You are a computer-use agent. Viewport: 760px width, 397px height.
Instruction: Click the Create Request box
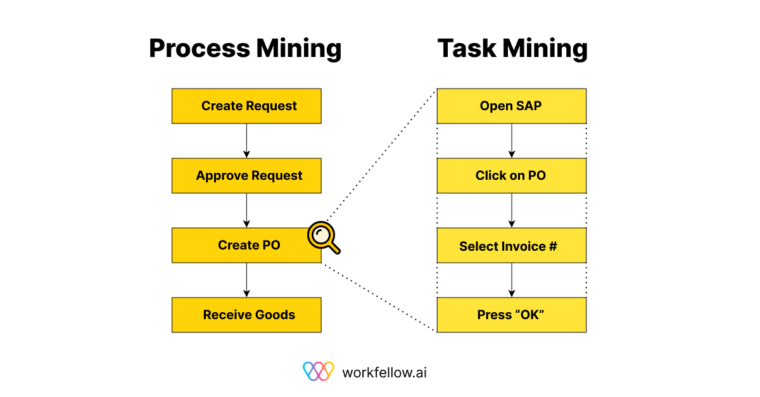point(246,106)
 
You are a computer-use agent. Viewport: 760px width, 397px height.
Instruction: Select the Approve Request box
point(246,176)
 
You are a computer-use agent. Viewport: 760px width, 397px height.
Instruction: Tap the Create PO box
point(246,245)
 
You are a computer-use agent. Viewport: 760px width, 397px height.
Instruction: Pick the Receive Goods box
point(246,315)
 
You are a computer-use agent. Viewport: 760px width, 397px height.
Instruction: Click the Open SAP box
point(512,106)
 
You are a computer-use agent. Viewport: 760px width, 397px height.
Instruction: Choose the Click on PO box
point(512,176)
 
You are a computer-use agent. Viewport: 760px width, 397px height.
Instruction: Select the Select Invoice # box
point(512,245)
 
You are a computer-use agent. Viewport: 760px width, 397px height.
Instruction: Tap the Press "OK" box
point(512,315)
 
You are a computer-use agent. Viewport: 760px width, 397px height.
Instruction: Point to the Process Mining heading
point(245,49)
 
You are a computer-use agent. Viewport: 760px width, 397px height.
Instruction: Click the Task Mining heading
point(512,49)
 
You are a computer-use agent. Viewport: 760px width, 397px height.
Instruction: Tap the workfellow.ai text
point(384,372)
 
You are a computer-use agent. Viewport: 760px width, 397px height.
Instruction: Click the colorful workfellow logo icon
point(318,371)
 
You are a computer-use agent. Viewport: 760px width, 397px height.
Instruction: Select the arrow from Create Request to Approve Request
point(246,141)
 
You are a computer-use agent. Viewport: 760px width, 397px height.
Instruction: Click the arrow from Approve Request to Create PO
point(246,210)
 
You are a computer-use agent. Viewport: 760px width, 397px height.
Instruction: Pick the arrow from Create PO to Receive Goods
point(246,280)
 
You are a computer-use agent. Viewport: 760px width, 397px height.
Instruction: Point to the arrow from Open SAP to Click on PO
point(512,141)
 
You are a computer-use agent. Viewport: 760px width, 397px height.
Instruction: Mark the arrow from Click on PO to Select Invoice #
point(512,210)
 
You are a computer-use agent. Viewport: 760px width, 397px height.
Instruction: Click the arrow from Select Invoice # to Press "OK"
point(512,280)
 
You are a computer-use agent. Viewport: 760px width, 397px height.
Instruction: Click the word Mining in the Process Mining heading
point(299,49)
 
